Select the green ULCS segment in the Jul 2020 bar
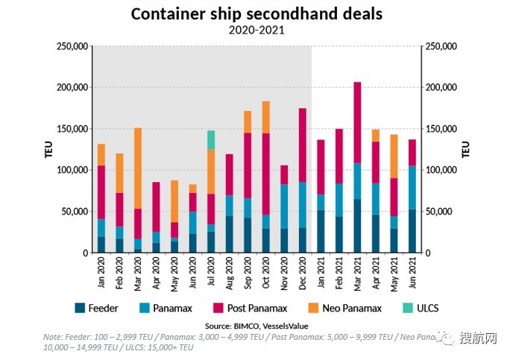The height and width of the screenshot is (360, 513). click(x=211, y=139)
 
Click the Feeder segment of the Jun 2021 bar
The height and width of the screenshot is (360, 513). click(x=412, y=231)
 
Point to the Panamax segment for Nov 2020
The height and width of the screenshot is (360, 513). click(x=284, y=206)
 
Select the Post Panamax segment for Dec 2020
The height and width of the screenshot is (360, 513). click(x=303, y=145)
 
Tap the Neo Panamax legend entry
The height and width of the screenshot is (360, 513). click(x=347, y=308)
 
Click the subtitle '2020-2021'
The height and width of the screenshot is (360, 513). click(x=256, y=31)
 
